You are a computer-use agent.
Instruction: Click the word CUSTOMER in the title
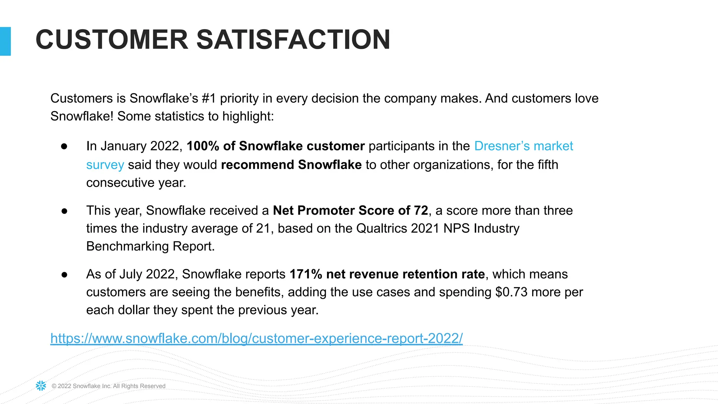point(112,40)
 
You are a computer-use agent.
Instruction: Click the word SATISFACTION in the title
point(293,40)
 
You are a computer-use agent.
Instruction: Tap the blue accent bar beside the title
point(5,41)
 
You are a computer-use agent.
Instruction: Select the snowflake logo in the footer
point(41,386)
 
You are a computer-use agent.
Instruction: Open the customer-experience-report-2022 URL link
point(256,338)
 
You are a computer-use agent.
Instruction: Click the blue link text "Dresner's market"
point(523,146)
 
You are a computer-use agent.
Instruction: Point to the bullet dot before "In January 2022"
point(64,147)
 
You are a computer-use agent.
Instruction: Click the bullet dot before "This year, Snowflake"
point(64,211)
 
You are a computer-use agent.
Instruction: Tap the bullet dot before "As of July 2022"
point(64,275)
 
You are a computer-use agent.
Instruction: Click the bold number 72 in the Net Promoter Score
point(421,210)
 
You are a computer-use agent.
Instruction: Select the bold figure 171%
point(306,274)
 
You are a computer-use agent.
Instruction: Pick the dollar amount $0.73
point(511,292)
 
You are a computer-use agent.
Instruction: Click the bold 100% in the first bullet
point(203,146)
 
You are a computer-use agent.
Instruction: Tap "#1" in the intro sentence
point(209,99)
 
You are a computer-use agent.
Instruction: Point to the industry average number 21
point(263,228)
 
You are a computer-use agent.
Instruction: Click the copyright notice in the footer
point(108,386)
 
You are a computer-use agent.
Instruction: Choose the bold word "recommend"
point(257,165)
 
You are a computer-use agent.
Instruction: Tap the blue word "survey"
point(105,165)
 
